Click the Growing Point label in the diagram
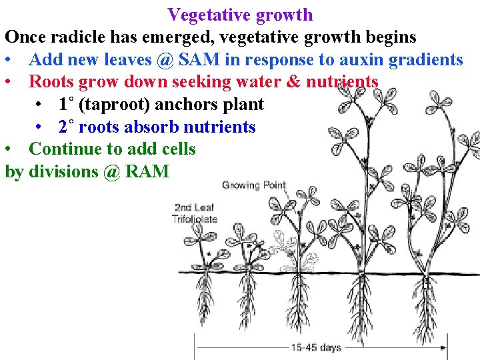(253, 185)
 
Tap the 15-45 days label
(316, 347)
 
